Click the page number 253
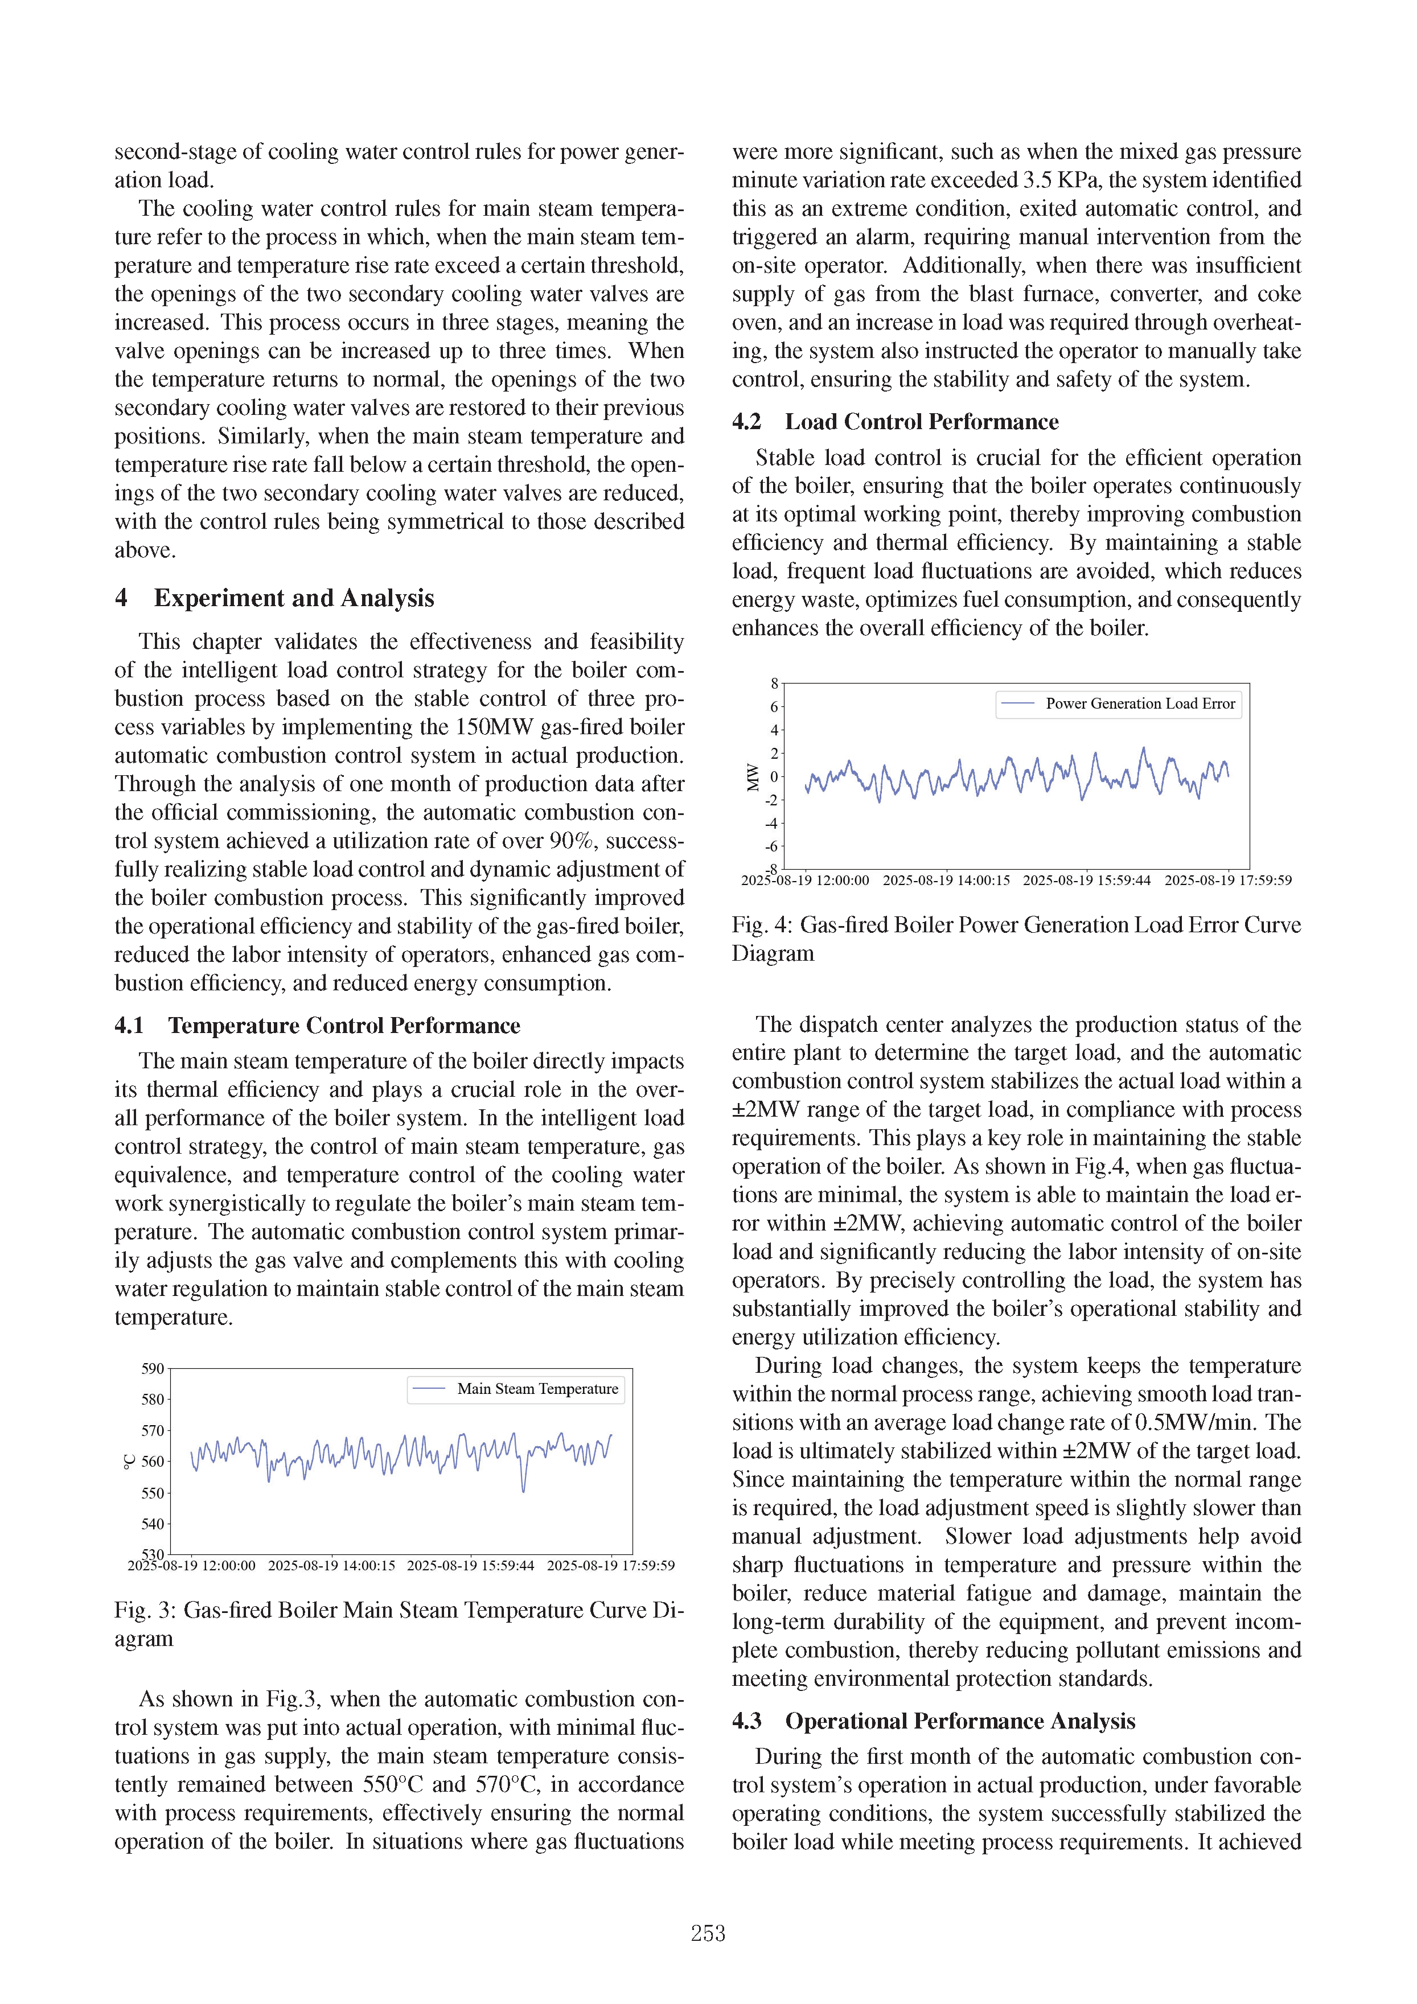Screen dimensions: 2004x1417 point(708,1933)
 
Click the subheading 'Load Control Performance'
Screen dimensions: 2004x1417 point(921,422)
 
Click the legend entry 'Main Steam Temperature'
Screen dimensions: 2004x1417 point(537,1389)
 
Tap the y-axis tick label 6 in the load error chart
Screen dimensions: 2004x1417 point(774,707)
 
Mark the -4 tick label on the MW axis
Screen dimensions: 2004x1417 point(772,823)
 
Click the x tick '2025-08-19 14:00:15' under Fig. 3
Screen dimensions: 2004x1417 point(332,1566)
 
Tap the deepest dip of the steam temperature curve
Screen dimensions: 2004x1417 point(523,1491)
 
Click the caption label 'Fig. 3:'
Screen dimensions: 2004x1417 point(145,1610)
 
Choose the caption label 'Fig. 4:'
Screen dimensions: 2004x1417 point(762,925)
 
